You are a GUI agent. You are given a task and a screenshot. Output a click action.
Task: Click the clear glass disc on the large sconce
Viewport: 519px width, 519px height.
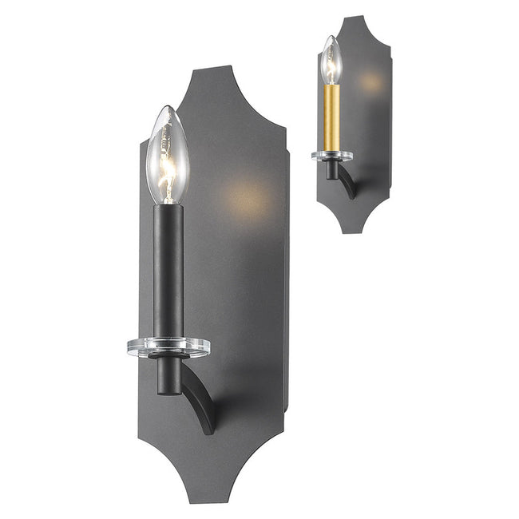[x=168, y=347]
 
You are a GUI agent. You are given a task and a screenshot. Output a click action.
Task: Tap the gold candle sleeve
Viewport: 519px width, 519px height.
[x=331, y=116]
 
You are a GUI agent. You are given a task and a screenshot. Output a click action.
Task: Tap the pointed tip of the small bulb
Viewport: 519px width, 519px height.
[x=331, y=37]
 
